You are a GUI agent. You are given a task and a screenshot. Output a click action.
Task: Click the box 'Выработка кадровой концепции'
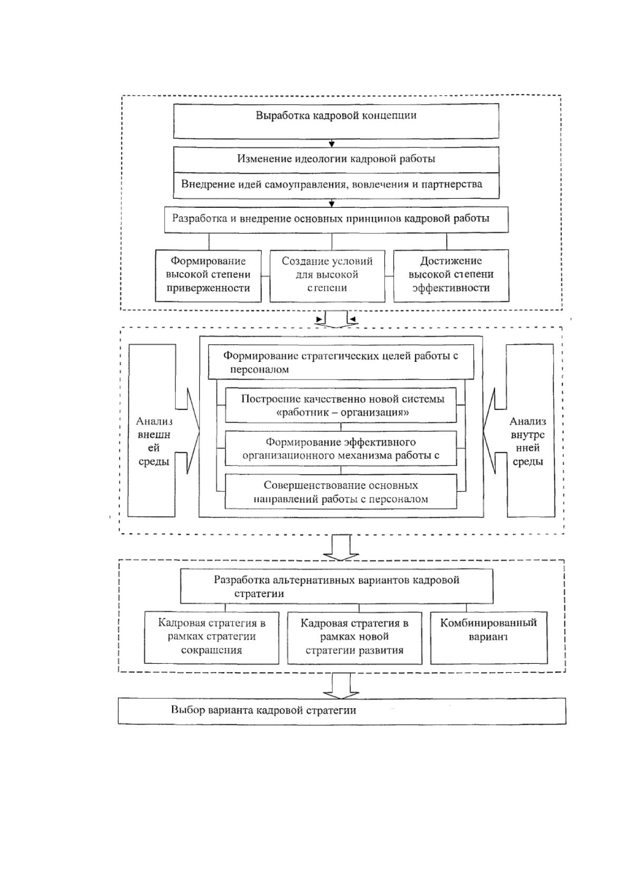336,121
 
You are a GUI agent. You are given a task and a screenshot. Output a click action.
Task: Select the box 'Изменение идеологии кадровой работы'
336,160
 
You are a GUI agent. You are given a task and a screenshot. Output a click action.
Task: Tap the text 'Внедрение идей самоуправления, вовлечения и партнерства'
331,185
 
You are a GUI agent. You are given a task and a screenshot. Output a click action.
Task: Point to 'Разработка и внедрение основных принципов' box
336,219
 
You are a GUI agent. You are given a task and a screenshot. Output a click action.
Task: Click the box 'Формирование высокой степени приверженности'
208,276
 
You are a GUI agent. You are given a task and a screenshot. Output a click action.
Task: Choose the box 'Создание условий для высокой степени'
327,276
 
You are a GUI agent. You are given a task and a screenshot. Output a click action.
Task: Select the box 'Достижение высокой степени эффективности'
451,276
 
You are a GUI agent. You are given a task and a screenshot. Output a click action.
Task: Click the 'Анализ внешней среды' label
154,441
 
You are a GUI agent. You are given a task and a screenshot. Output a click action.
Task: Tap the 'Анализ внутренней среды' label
528,441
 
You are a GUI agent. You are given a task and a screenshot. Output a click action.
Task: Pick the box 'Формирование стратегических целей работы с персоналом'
341,362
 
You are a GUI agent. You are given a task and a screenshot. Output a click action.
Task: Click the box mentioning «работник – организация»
341,405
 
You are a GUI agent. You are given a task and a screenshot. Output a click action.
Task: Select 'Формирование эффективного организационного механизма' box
341,448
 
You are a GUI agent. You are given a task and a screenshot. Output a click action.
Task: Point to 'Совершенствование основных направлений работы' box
341,492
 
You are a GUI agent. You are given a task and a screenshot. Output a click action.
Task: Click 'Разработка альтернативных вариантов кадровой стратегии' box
336,586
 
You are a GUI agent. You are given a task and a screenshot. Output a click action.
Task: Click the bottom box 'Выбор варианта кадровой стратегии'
342,711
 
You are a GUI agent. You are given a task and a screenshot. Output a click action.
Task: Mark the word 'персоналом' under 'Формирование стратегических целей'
259,370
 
